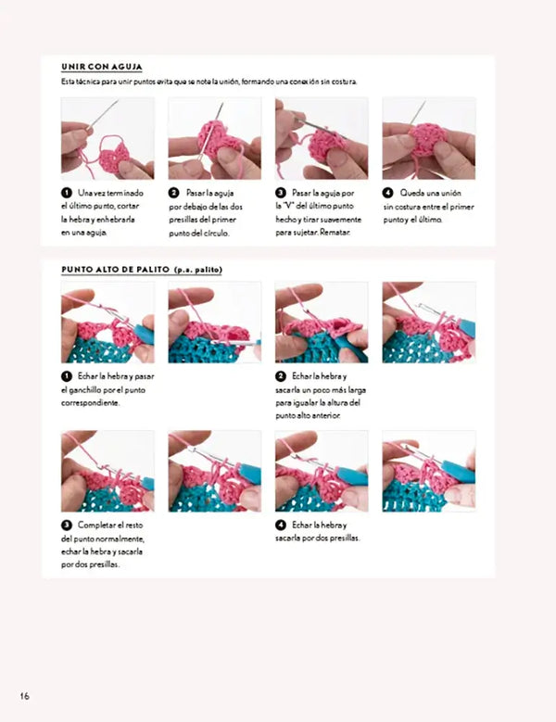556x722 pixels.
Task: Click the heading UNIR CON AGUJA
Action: point(102,67)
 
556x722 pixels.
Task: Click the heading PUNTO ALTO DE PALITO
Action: point(116,270)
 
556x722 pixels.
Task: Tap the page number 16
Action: point(24,696)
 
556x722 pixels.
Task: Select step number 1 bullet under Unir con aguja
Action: point(67,193)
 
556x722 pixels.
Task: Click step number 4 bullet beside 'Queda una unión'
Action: point(387,193)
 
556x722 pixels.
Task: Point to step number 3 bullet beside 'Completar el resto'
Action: point(67,525)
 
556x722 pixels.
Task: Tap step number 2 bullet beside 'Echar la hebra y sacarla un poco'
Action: point(281,376)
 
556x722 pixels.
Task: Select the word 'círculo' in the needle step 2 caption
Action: point(216,233)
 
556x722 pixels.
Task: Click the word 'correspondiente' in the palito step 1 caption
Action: point(90,403)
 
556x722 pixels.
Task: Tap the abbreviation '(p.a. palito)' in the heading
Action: point(198,270)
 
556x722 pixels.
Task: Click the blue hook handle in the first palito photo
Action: point(144,334)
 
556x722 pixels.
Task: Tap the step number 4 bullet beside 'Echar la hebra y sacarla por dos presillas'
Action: point(281,525)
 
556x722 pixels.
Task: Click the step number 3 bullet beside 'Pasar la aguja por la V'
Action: point(281,193)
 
